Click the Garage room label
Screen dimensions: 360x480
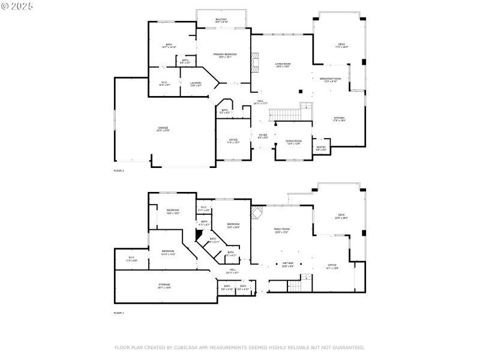tap(163, 128)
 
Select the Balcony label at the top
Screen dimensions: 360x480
tap(221, 20)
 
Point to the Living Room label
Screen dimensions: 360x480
tap(283, 65)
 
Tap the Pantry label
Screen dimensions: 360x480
tap(321, 148)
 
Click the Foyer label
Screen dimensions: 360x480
tap(263, 136)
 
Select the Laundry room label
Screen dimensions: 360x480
tap(196, 84)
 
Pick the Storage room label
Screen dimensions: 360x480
tap(164, 286)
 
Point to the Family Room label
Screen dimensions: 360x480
tap(282, 230)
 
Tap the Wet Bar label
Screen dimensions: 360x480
tap(288, 264)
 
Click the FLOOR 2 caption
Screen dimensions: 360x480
tap(119, 171)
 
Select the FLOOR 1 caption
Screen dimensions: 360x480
tap(119, 313)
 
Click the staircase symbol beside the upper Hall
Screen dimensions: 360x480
tap(280, 114)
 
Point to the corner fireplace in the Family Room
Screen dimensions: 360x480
tap(256, 212)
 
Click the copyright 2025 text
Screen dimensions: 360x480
tap(17, 6)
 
